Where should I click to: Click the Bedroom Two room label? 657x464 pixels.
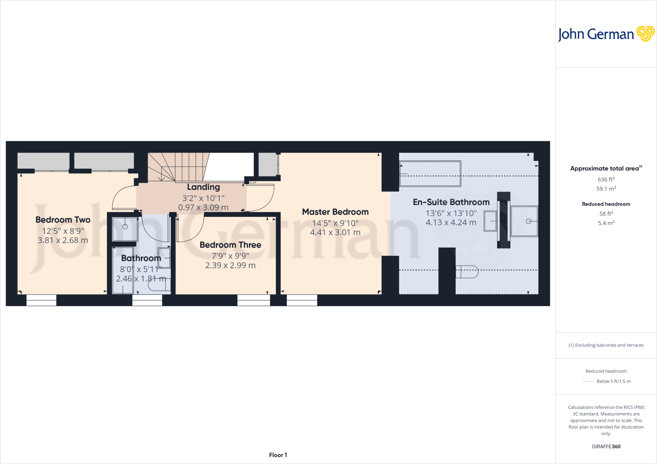(63, 220)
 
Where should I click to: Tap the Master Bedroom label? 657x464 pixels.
(335, 212)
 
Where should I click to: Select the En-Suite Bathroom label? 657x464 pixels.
(451, 202)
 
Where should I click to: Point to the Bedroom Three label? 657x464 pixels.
(230, 245)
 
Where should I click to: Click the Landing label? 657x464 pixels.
(203, 187)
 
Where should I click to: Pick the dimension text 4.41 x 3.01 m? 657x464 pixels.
(335, 232)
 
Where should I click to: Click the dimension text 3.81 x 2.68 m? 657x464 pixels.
(63, 240)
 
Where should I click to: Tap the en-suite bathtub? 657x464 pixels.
(430, 174)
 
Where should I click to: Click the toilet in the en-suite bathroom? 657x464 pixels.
(467, 272)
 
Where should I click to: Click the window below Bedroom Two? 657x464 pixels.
(41, 300)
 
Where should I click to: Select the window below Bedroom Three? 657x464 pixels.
(253, 300)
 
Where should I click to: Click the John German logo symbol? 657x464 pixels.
(645, 34)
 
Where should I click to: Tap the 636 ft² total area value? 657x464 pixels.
(606, 179)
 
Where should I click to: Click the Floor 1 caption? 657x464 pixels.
(278, 455)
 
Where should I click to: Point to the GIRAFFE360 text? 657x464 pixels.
(606, 446)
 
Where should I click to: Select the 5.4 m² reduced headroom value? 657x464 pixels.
(606, 223)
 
